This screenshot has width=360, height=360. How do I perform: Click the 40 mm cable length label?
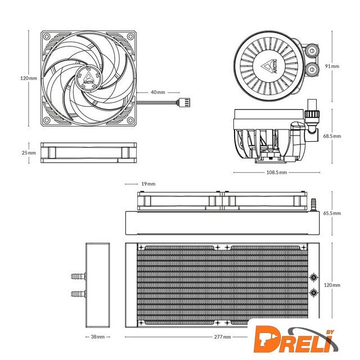tap(157, 92)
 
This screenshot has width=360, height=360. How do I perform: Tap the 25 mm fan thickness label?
tap(29, 152)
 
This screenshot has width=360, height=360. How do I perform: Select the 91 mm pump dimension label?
tap(332, 66)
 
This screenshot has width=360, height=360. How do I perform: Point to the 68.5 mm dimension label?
tap(332, 136)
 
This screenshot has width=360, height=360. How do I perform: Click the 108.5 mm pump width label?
tap(277, 173)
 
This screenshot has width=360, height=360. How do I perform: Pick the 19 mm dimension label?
tap(148, 184)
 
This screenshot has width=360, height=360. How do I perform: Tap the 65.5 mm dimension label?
tap(332, 213)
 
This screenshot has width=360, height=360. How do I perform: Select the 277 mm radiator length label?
tap(222, 337)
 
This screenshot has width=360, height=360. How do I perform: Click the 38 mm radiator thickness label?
tap(97, 337)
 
